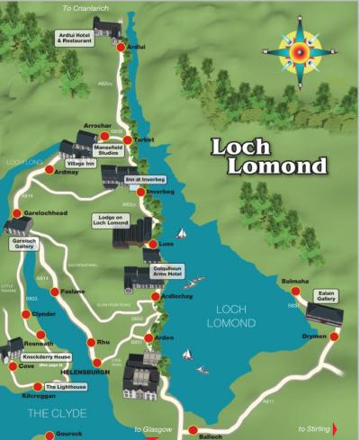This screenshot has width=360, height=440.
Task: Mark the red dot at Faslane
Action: [x=56, y=292]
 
